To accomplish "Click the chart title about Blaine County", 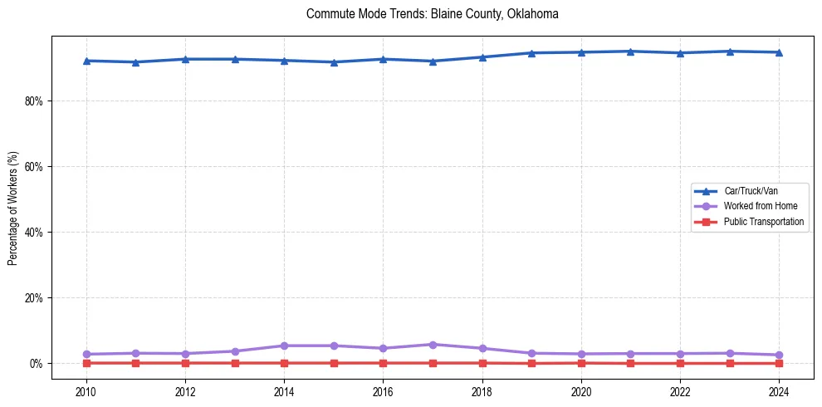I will point(432,14).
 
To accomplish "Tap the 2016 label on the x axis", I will point(383,391).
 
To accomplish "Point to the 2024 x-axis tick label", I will point(779,391).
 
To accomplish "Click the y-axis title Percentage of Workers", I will point(13,208).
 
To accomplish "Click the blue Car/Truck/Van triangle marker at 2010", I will point(86,61).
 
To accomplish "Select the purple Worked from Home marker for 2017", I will point(433,345).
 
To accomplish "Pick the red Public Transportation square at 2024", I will point(779,363).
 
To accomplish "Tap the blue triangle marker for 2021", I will point(630,51).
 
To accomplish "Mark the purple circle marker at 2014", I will point(284,346).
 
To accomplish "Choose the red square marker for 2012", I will point(185,363).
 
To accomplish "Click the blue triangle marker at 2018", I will point(482,57).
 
